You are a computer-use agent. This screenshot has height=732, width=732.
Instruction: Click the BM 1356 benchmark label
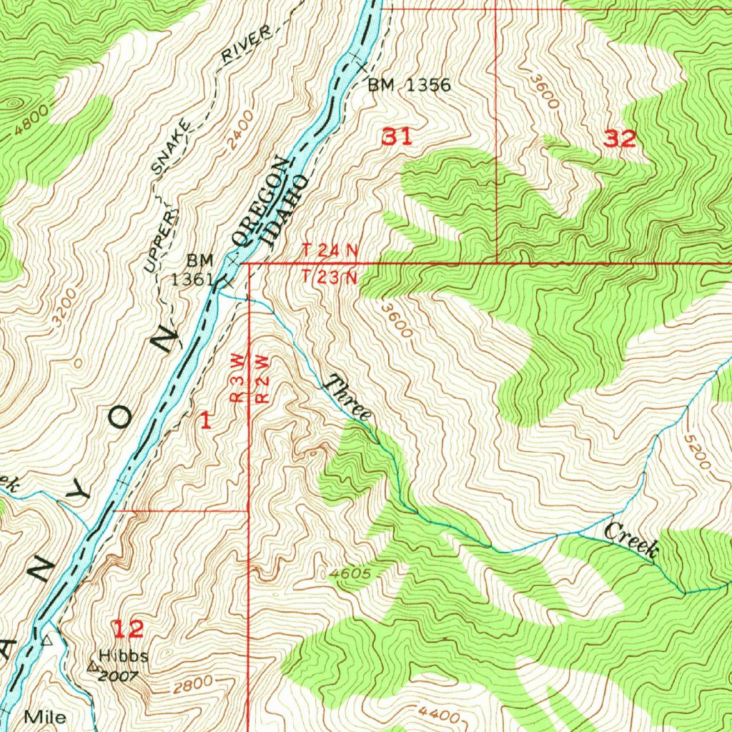409,86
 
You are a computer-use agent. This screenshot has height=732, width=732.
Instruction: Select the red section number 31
397,137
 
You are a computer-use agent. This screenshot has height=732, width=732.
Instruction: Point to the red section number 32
619,139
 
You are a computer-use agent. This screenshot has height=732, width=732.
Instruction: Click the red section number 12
129,629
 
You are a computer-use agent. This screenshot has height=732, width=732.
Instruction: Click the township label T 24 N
330,250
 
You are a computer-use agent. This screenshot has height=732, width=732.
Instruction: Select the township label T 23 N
330,277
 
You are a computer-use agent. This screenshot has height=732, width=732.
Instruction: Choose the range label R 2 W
261,379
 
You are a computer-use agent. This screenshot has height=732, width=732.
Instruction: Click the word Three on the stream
348,397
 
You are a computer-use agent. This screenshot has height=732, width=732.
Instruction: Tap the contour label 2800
192,685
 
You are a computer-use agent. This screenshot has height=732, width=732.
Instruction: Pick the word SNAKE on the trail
171,148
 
